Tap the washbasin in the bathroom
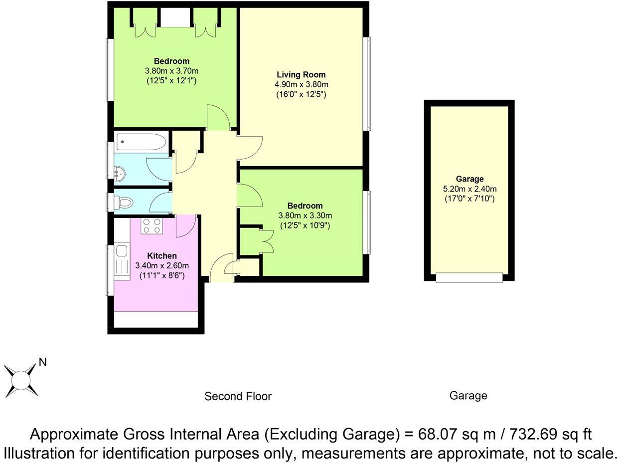coord(119,174)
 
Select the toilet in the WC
coord(125,203)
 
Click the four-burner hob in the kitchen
coord(151,226)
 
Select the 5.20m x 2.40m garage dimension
coord(469,189)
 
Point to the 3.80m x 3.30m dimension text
coord(305,216)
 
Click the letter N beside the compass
coord(43,363)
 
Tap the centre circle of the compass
coord(20,380)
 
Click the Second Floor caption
coord(238,397)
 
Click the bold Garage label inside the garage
coord(469,179)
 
